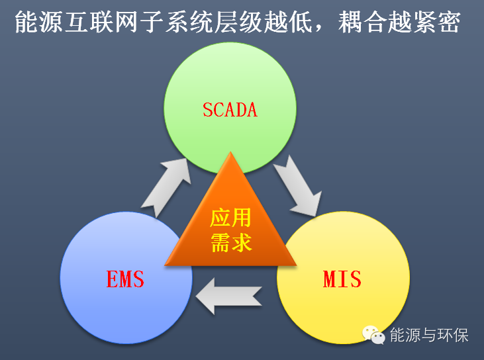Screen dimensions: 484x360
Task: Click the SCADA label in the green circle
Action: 230,109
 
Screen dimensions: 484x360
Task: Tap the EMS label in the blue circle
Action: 125,279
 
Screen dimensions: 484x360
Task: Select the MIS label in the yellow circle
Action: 342,279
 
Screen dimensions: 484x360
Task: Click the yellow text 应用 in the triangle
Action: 230,217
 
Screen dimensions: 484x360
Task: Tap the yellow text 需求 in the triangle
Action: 230,242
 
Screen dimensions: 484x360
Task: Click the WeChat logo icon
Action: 374,335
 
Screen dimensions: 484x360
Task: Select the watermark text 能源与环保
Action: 428,335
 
